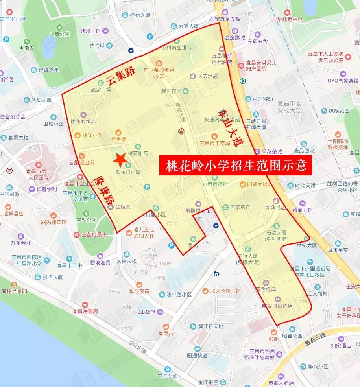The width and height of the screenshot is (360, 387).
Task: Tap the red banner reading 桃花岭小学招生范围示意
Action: [236, 164]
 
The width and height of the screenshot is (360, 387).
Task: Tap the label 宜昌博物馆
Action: [215, 184]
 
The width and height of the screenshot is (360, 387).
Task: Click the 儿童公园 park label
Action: [51, 34]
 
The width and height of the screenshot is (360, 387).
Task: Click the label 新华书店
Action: [275, 207]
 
